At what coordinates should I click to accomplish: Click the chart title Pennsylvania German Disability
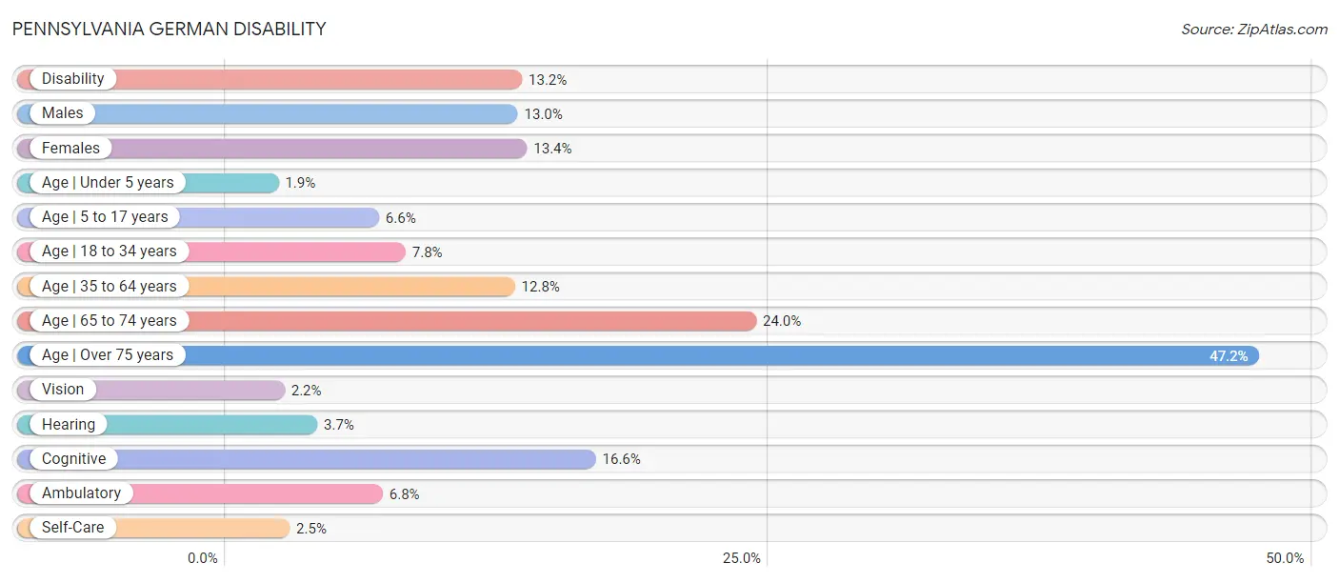(170, 29)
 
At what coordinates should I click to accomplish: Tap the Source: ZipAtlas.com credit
(1254, 29)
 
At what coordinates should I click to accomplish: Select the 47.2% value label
(1229, 355)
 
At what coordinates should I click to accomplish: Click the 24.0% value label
(781, 321)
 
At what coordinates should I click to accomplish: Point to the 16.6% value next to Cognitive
(621, 459)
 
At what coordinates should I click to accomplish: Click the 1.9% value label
(300, 182)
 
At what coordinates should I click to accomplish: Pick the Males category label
(62, 113)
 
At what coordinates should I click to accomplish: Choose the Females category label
(70, 148)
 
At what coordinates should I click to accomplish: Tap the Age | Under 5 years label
(108, 182)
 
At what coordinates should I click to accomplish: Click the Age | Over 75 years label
(107, 355)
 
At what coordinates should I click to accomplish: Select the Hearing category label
(69, 425)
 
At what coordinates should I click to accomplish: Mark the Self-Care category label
(72, 528)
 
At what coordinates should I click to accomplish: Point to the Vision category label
(62, 390)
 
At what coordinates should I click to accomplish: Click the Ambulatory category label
(81, 493)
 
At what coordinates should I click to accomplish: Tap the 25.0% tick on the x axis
(741, 558)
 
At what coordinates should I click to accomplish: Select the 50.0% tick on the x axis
(1285, 558)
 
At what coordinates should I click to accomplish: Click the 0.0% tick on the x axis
(203, 558)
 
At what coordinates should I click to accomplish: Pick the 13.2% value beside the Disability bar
(548, 80)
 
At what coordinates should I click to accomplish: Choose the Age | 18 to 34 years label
(109, 251)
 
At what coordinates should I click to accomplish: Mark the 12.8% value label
(540, 287)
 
